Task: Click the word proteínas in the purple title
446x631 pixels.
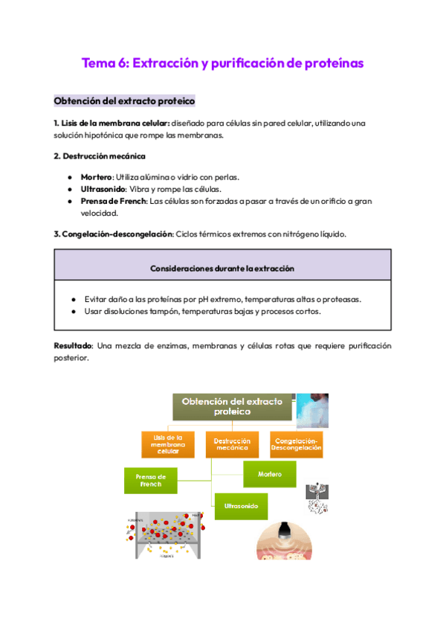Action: pos(334,63)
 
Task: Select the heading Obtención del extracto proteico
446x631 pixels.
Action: pos(124,100)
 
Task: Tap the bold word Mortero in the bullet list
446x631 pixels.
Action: pos(96,177)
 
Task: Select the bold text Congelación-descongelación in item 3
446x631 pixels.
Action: pos(116,234)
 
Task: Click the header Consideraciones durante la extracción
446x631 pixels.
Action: pos(222,267)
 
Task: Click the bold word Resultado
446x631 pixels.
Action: pos(72,347)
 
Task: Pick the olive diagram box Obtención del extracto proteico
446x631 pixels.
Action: pos(233,406)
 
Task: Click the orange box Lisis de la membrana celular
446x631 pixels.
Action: pos(168,443)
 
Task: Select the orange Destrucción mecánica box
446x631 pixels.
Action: pos(233,443)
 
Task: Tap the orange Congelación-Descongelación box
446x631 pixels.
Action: pos(296,443)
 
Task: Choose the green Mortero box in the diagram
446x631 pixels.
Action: pos(270,474)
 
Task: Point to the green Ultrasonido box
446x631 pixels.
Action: pos(241,506)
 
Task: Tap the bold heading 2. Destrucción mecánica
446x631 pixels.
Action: pos(100,156)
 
